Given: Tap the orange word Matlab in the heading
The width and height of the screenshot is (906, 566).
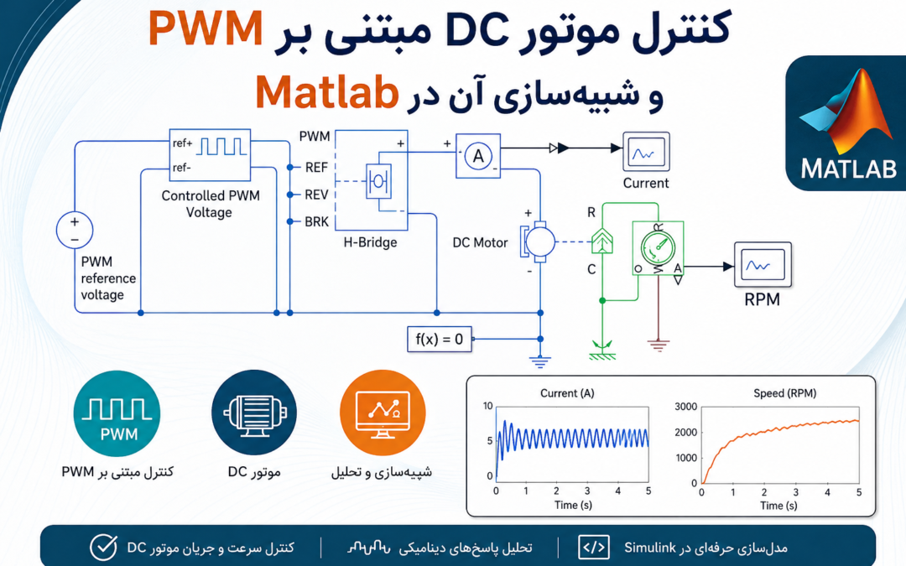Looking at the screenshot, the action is tap(327, 92).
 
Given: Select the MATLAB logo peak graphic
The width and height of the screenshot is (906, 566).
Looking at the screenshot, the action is tap(846, 112).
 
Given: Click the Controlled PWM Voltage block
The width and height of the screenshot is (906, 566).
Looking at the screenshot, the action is tap(210, 155).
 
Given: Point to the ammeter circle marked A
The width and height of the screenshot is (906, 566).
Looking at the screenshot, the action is tap(478, 156).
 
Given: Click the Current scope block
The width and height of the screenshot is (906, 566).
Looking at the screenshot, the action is tap(646, 151).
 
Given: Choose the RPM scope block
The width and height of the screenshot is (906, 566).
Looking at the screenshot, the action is tap(763, 264).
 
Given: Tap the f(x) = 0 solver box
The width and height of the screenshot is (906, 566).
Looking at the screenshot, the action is tap(439, 339).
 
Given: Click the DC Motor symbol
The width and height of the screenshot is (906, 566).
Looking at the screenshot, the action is tap(538, 241).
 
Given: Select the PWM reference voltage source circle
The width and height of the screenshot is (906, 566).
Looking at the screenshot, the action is tap(75, 230).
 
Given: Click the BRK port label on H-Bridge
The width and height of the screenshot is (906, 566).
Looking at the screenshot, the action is tap(316, 221).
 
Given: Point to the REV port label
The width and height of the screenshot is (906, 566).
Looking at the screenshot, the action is tap(316, 195).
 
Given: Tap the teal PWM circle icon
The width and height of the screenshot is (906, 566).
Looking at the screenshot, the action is tap(117, 413).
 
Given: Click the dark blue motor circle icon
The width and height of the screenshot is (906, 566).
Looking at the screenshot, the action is tap(254, 413).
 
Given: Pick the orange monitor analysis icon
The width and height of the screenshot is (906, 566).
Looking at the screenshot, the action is tap(383, 413).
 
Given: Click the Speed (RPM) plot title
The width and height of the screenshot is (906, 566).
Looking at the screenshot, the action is tap(784, 393).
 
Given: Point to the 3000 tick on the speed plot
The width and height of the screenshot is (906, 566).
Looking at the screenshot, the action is tap(686, 407).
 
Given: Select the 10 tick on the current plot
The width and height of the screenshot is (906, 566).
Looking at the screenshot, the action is tap(487, 406).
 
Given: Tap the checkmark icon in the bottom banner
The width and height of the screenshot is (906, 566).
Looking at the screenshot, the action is tap(103, 547).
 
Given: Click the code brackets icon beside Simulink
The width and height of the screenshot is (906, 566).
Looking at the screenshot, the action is tap(593, 547).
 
